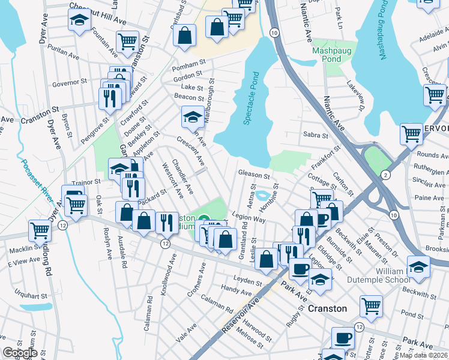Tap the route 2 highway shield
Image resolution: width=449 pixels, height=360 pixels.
point(384,174)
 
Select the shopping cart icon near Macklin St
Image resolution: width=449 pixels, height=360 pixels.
point(40,230)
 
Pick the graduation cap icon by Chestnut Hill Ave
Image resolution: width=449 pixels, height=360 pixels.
point(79,20)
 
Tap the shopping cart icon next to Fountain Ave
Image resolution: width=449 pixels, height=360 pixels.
point(127,41)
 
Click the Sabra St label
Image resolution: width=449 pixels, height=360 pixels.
point(315,135)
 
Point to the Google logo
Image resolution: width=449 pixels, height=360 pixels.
point(20,353)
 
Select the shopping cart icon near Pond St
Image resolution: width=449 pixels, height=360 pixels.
point(372,306)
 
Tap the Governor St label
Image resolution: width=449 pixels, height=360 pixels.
point(70,83)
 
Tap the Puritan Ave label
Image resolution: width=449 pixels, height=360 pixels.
point(64,53)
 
